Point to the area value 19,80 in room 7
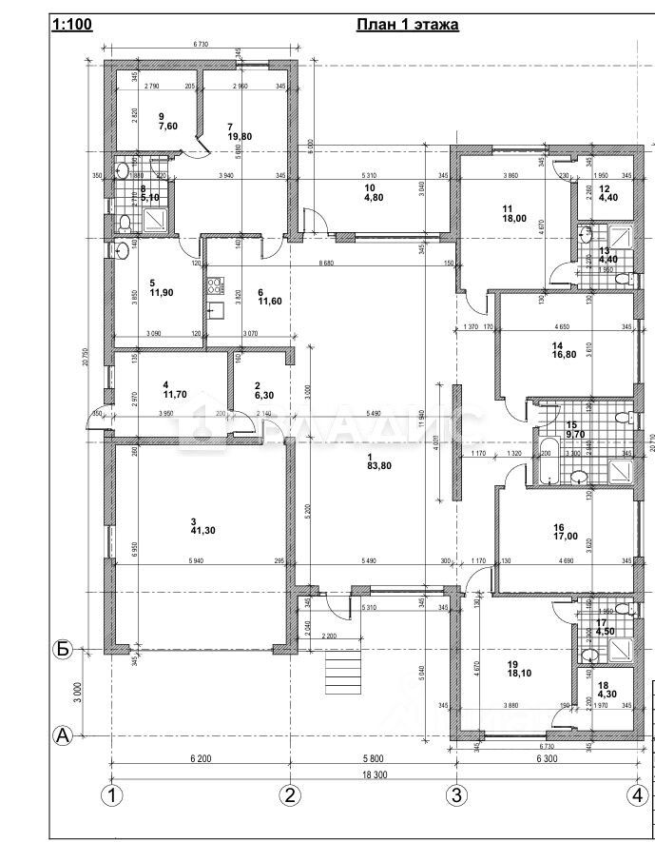[239, 136]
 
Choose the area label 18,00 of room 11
[514, 218]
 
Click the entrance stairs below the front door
[344, 673]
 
